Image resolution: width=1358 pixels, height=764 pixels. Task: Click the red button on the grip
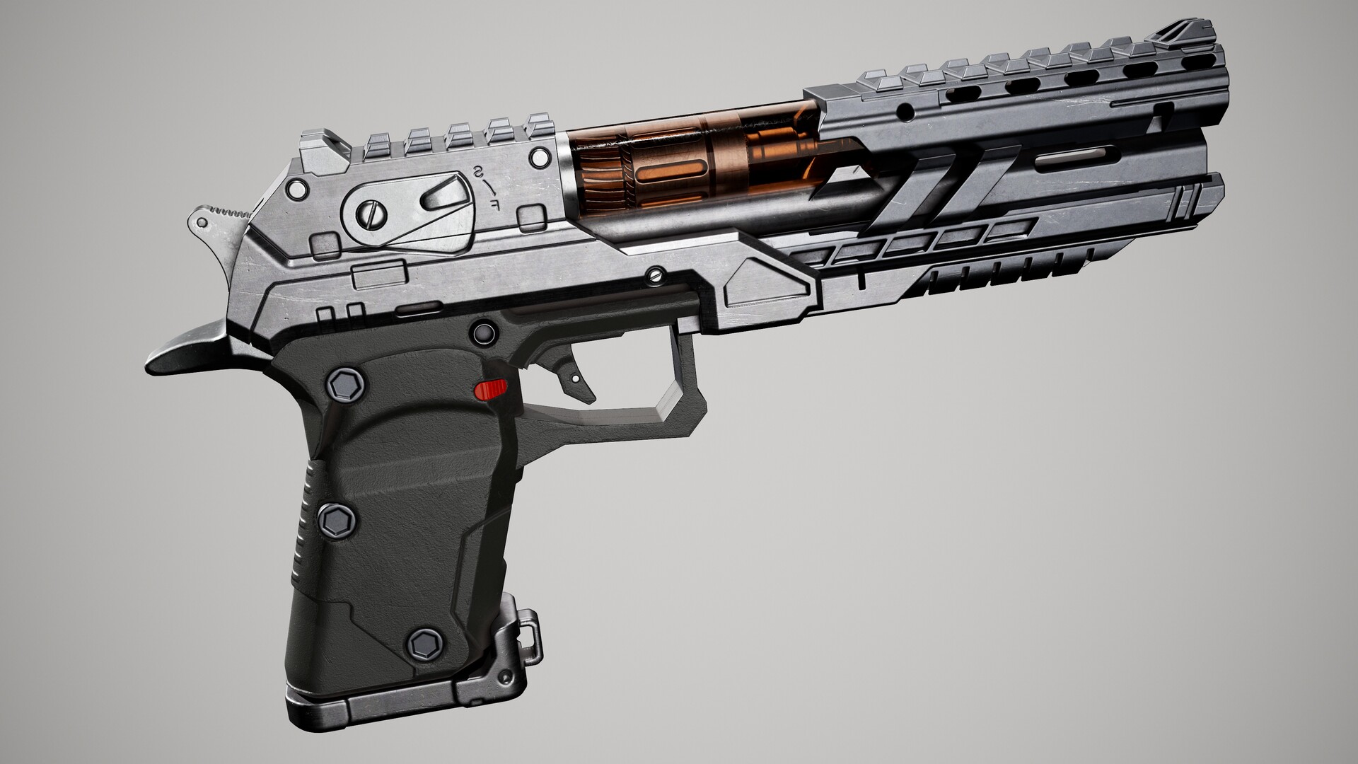point(492,389)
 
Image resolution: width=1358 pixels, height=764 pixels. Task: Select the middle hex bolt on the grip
point(336,520)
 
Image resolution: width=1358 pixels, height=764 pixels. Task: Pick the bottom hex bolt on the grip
point(425,643)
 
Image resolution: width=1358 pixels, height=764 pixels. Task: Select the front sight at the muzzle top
point(1188,33)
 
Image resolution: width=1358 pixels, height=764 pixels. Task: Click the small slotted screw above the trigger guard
point(656,272)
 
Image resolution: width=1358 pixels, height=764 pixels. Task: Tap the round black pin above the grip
point(483,332)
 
